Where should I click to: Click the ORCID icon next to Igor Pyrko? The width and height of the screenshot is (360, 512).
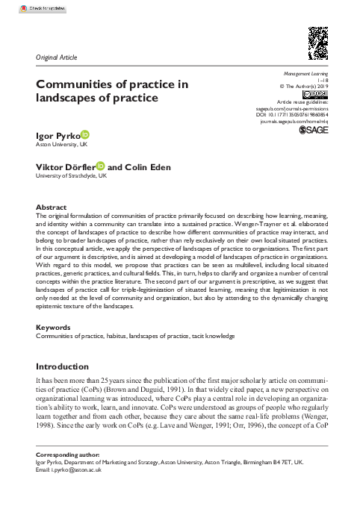click(84, 134)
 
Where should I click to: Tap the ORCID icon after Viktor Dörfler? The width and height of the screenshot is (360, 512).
click(101, 168)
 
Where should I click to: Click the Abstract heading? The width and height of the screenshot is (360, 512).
click(51, 207)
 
